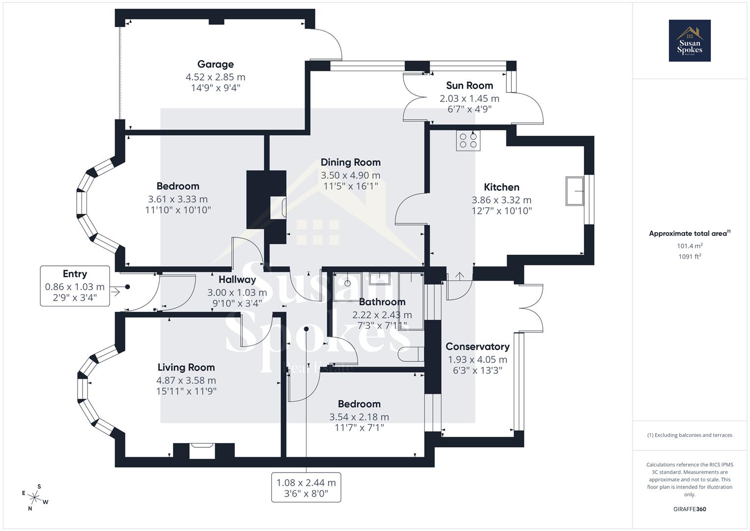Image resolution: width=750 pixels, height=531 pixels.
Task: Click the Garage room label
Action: pyautogui.click(x=215, y=64)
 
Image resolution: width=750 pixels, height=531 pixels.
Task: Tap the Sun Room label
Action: pyautogui.click(x=469, y=86)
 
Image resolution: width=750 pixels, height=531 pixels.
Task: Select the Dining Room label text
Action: pyautogui.click(x=350, y=162)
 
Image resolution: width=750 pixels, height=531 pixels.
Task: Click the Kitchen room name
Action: pyautogui.click(x=501, y=187)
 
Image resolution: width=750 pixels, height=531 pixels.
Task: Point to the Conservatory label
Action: pyautogui.click(x=477, y=347)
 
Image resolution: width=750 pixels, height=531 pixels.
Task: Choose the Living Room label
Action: pyautogui.click(x=186, y=367)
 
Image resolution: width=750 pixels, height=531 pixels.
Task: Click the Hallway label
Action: pyautogui.click(x=237, y=280)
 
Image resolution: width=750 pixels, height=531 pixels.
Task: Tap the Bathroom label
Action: pyautogui.click(x=382, y=302)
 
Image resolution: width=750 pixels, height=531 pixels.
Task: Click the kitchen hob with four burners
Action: pyautogui.click(x=468, y=141)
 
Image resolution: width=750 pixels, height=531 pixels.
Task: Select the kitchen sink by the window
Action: pyautogui.click(x=574, y=191)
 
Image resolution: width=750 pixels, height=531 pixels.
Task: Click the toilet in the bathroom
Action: pyautogui.click(x=410, y=354)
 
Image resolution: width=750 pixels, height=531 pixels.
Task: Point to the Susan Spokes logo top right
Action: pyautogui.click(x=689, y=41)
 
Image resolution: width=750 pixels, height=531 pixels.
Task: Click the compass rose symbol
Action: pyautogui.click(x=34, y=497)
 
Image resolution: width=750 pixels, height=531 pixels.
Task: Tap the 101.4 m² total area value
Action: pyautogui.click(x=689, y=246)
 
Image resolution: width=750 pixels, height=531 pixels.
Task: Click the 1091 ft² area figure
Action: pyautogui.click(x=689, y=256)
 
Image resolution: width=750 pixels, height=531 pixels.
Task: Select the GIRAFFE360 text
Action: pyautogui.click(x=689, y=509)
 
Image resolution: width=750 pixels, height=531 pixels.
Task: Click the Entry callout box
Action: pyautogui.click(x=75, y=286)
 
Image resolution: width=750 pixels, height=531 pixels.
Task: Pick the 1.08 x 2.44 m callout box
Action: pyautogui.click(x=306, y=488)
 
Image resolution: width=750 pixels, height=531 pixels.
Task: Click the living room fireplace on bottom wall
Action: pyautogui.click(x=202, y=450)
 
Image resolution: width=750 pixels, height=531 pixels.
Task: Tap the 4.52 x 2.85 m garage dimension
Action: pyautogui.click(x=215, y=77)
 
